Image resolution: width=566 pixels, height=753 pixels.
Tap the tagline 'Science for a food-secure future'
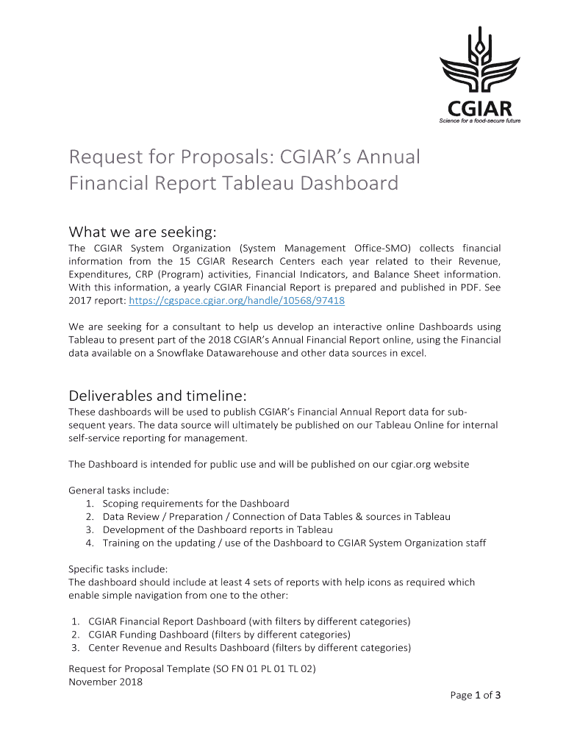[x=479, y=121]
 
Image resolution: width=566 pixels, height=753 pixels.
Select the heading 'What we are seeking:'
[x=143, y=232]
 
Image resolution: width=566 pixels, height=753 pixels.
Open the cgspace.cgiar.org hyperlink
[x=237, y=301]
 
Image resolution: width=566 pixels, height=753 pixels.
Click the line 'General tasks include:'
[x=118, y=490]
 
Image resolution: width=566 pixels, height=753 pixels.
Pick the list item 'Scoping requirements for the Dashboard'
[x=196, y=503]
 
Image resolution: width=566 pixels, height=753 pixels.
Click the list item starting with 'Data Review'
[x=276, y=516]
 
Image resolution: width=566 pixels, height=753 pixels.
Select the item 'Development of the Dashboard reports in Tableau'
[x=218, y=529]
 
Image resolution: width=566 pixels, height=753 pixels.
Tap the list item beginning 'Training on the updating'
[x=294, y=543]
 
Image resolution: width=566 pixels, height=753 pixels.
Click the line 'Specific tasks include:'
[x=118, y=568]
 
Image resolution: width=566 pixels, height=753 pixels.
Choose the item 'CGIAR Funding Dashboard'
[x=219, y=634]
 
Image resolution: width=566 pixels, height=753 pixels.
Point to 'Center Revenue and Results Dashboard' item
[x=249, y=647]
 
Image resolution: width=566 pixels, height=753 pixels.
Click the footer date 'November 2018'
[x=105, y=682]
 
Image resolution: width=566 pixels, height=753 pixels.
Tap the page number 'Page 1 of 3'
[x=476, y=695]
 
